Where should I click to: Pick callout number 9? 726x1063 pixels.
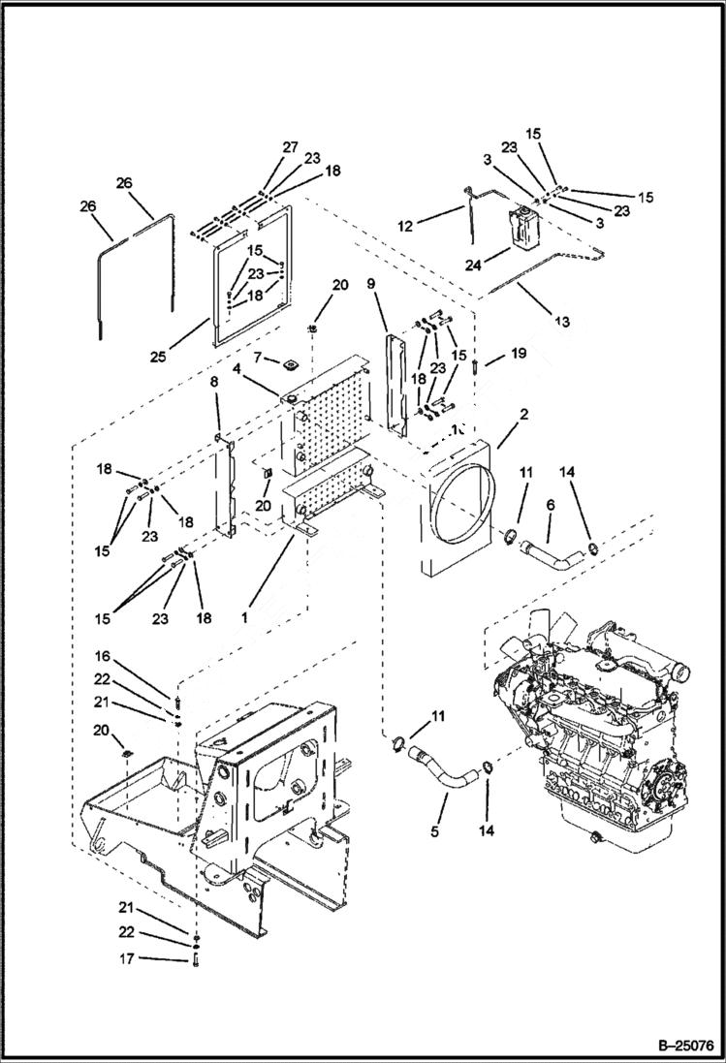coord(370,284)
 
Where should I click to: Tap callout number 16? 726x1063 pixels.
coord(102,655)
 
